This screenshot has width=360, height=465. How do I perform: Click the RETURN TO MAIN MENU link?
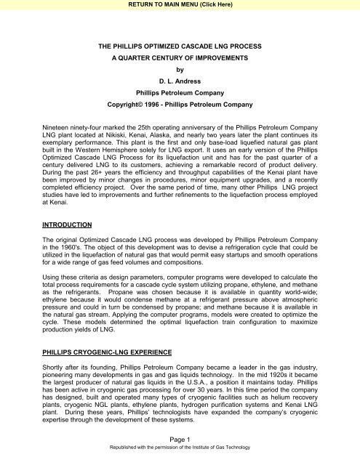180,5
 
